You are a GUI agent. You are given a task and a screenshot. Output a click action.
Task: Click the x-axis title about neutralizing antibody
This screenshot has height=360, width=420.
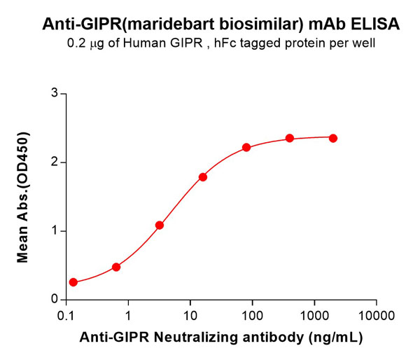(220, 338)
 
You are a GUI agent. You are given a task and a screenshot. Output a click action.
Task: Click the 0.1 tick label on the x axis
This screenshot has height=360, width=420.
(66, 315)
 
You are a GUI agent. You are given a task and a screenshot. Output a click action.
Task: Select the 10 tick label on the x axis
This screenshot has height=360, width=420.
(190, 315)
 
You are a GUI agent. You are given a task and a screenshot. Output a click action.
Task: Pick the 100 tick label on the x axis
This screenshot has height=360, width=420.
(251, 315)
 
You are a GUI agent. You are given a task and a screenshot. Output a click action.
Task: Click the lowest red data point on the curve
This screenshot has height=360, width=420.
(73, 282)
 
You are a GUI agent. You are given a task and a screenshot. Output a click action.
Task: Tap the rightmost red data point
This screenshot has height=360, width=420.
(332, 138)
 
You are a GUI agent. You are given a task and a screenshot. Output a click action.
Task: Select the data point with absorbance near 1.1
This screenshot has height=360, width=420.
(160, 225)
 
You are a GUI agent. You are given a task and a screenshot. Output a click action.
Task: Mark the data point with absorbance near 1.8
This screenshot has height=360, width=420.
(203, 177)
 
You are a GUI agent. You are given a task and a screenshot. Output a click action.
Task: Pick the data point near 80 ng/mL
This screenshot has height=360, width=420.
(246, 147)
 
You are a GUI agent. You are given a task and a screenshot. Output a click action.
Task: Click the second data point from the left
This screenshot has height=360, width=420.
(116, 267)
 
